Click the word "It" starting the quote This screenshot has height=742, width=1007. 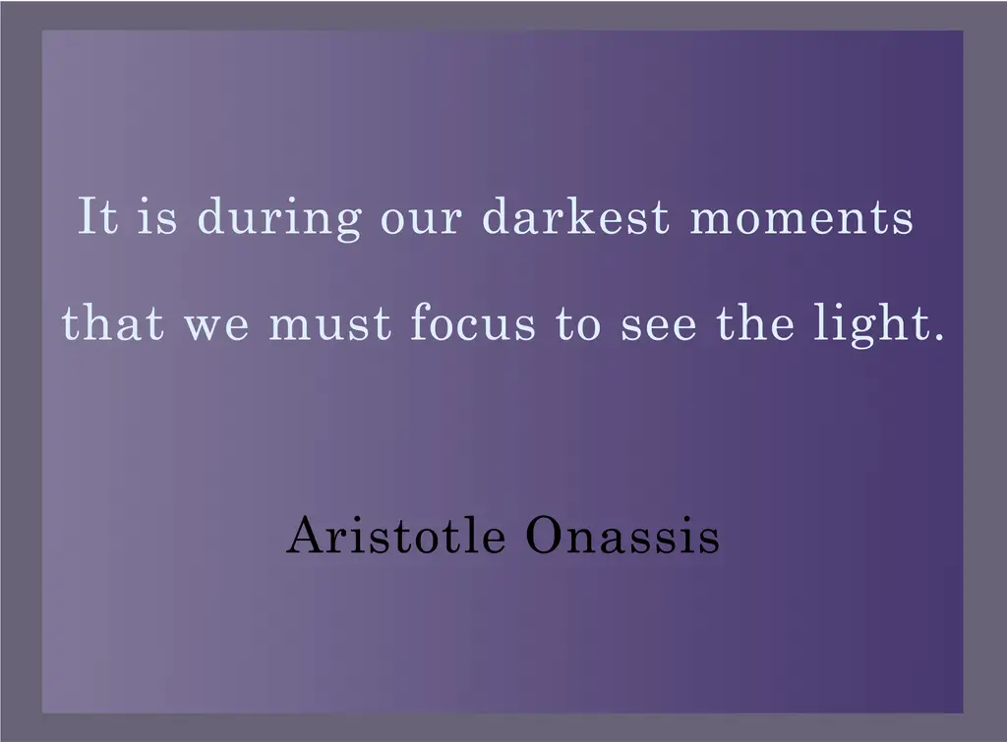[98, 215]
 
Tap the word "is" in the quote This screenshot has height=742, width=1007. [157, 215]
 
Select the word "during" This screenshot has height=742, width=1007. [278, 218]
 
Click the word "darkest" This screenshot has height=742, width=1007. [576, 215]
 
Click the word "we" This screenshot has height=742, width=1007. [216, 326]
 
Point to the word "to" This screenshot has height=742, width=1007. [578, 324]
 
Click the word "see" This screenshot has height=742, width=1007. [659, 326]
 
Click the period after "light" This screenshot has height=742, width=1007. [938, 335]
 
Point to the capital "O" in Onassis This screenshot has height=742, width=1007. [545, 535]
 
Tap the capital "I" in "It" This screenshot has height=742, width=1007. [88, 215]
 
